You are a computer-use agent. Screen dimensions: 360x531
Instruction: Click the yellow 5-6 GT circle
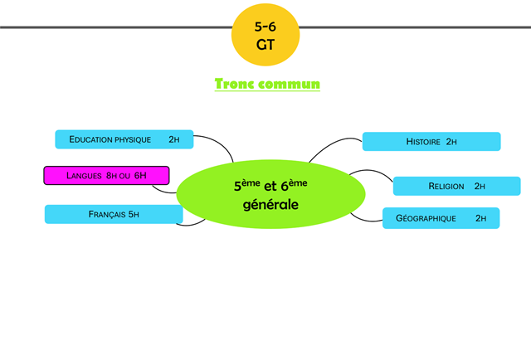(265, 35)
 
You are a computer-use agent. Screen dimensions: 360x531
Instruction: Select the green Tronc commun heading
(267, 85)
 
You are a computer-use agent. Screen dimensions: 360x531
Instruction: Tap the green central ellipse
(270, 194)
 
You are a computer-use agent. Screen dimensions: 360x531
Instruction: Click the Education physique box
(124, 139)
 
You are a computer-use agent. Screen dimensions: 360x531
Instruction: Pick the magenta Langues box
(106, 176)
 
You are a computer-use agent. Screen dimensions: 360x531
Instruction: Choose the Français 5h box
(114, 215)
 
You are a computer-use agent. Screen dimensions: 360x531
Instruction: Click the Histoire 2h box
(431, 142)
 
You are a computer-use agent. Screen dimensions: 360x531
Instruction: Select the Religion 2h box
(456, 186)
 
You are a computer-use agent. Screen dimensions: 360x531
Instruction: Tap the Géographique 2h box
(441, 218)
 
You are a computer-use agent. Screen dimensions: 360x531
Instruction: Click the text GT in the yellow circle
(265, 46)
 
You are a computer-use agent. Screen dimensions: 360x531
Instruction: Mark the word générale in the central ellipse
(270, 204)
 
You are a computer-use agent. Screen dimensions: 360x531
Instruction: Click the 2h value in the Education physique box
(174, 139)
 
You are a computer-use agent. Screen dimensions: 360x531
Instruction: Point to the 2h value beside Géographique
(481, 218)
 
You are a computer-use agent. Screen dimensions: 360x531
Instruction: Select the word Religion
(446, 186)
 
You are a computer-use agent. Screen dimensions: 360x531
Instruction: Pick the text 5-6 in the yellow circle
(265, 27)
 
